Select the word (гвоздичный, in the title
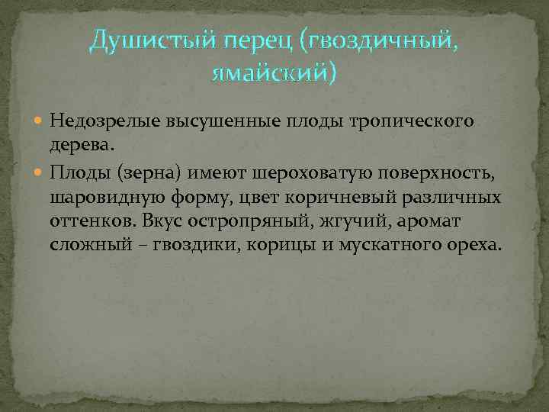pyautogui.click(x=380, y=43)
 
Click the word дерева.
pyautogui.click(x=79, y=144)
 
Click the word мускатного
pyautogui.click(x=391, y=245)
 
